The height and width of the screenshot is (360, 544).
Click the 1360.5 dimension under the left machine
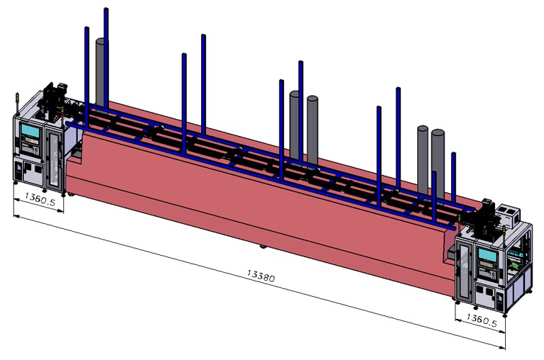(x=38, y=199)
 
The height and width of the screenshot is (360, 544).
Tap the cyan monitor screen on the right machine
(x=487, y=254)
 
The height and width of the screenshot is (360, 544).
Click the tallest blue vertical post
(x=106, y=57)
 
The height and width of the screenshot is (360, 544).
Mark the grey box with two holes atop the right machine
(x=509, y=213)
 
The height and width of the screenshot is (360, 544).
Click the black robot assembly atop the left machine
(x=55, y=99)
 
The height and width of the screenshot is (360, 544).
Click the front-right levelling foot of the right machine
(x=504, y=313)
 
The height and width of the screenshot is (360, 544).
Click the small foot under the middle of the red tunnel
(x=263, y=247)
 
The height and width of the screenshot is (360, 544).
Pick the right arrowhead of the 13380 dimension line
(x=504, y=347)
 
